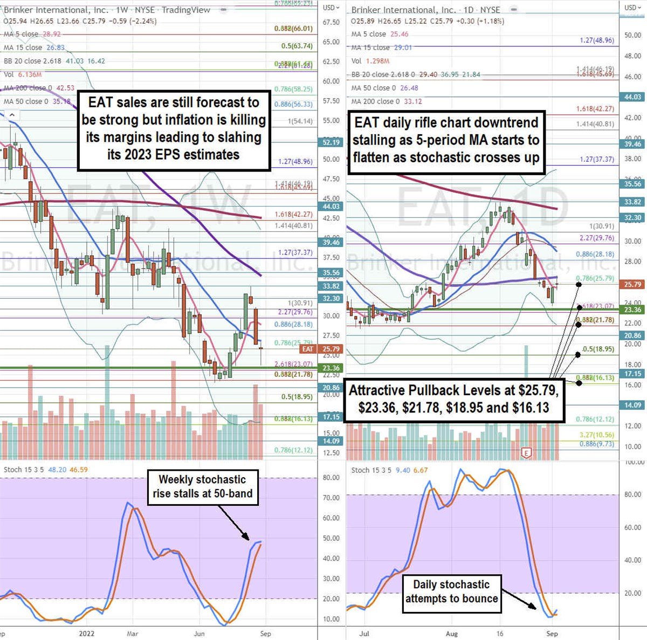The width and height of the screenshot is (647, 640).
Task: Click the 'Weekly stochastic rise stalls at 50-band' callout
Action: tap(202, 487)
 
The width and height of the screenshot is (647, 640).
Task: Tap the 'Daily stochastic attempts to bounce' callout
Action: tap(451, 592)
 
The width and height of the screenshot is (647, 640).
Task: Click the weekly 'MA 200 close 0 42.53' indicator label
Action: tap(39, 88)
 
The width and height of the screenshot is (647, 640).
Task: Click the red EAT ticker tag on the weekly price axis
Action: tap(307, 349)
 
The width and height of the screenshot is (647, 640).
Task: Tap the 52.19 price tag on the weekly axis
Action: tap(331, 142)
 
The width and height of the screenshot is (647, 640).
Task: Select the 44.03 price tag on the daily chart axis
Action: tap(633, 97)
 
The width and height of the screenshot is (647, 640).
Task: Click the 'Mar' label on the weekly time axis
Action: tap(133, 634)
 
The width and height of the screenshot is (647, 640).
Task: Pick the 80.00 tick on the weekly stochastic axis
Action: tap(331, 478)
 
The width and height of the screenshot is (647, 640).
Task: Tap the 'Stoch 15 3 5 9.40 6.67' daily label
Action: tap(389, 470)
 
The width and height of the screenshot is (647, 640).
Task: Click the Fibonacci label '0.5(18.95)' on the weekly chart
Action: tap(297, 397)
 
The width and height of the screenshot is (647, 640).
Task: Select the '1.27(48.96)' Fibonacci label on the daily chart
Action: tap(596, 40)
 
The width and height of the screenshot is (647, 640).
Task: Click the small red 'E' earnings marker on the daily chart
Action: tap(526, 453)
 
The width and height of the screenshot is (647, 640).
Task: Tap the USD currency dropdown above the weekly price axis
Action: tap(331, 8)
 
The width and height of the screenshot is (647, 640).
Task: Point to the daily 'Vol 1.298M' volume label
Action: tap(370, 61)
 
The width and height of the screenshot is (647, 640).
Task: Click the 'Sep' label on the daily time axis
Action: tap(552, 634)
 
